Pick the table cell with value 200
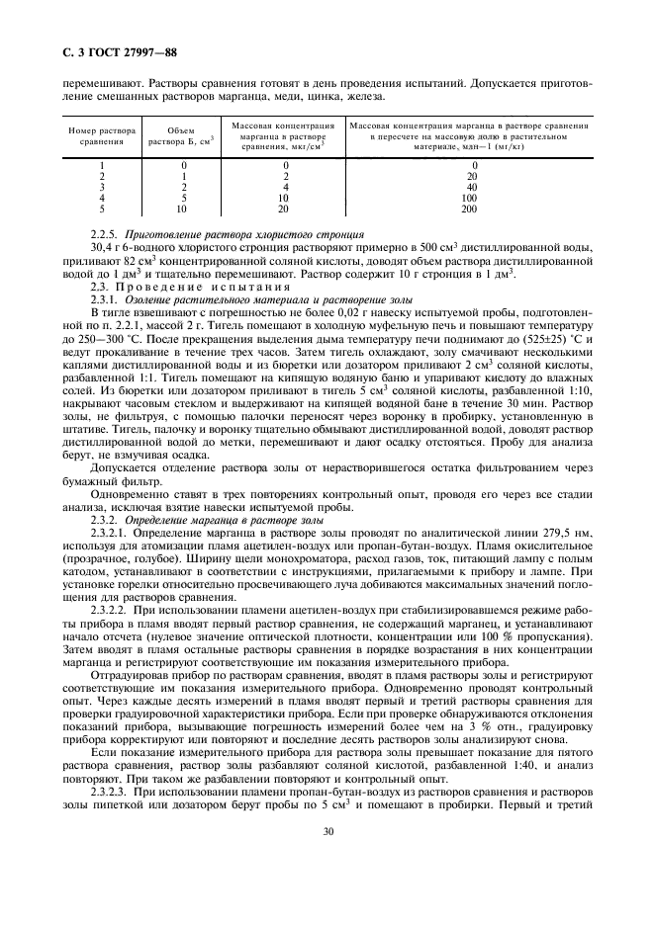pos(469,209)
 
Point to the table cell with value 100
pos(469,198)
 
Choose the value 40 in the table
pos(471,187)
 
